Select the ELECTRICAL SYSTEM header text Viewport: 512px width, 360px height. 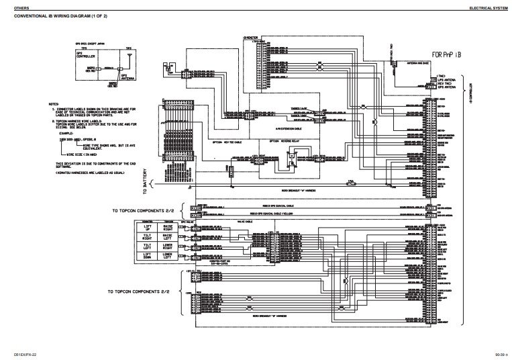487,5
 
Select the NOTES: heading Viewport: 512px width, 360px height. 54,105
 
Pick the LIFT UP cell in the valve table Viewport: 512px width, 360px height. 146,228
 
